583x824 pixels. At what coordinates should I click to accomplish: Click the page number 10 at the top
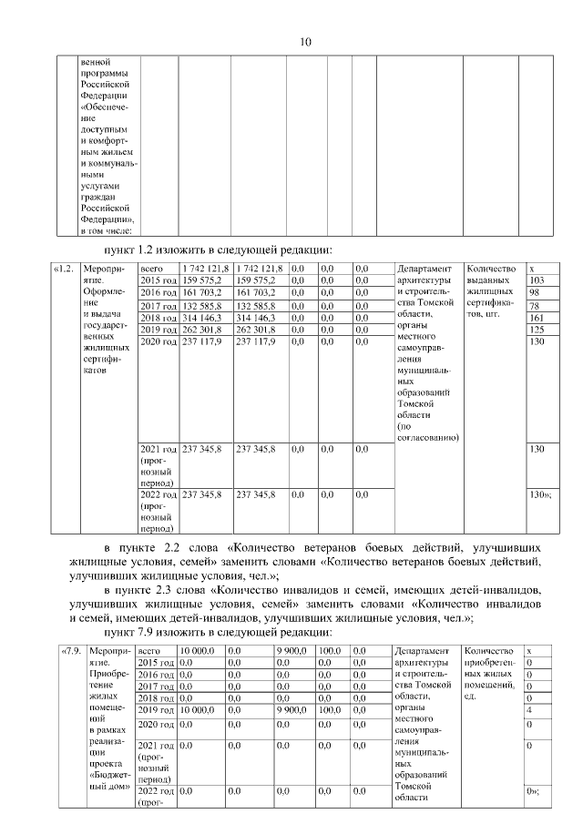click(306, 41)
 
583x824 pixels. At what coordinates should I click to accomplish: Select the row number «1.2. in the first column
click(65, 269)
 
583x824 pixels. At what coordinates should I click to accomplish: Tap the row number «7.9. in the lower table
click(71, 651)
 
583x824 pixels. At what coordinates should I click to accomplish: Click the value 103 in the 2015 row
click(537, 280)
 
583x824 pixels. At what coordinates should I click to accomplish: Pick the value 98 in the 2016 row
click(535, 292)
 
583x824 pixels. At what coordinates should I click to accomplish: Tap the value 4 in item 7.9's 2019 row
click(531, 708)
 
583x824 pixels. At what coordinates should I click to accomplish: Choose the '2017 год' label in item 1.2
click(158, 306)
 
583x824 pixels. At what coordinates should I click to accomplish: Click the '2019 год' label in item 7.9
click(158, 708)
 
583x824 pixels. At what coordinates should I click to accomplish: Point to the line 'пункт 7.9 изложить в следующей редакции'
click(216, 631)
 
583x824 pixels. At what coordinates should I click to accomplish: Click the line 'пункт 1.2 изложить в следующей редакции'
click(216, 249)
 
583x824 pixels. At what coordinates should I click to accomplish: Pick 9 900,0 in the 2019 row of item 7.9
click(292, 708)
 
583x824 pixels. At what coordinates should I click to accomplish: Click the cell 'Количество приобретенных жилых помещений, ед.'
click(493, 674)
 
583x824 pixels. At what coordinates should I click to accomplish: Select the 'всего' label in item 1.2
click(151, 269)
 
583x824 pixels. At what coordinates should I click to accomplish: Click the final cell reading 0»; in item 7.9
click(534, 791)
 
